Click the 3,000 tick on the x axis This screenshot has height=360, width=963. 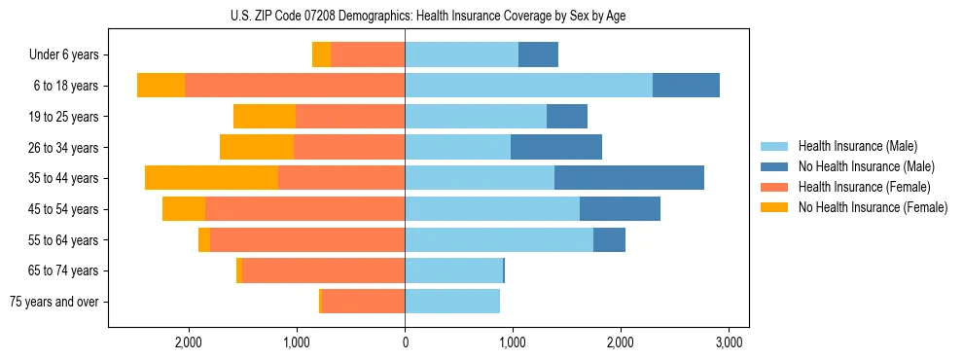click(730, 342)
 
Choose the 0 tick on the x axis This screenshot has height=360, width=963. click(405, 342)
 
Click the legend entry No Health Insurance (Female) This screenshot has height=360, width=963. click(873, 207)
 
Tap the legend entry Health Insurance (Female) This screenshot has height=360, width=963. click(864, 187)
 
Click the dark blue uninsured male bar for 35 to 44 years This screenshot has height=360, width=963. click(629, 178)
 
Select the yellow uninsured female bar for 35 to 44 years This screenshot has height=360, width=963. click(211, 178)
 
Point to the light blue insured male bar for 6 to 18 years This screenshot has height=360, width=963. click(528, 86)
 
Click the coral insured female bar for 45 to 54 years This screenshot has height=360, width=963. click(304, 209)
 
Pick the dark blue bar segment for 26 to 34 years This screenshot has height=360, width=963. click(556, 147)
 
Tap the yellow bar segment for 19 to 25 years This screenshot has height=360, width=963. click(265, 117)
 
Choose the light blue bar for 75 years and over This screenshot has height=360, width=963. click(452, 302)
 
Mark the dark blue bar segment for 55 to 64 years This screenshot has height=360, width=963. click(609, 239)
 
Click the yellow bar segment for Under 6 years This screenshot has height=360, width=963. click(321, 55)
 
